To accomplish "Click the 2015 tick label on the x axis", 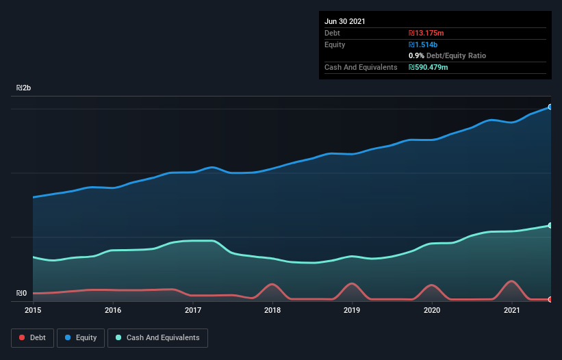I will [x=33, y=311].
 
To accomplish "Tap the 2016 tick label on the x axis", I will [x=113, y=311].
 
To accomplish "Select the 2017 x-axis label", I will [x=193, y=311].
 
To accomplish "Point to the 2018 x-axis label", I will [x=272, y=311].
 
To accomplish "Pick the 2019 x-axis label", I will [x=353, y=311].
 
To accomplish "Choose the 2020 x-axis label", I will [x=433, y=311].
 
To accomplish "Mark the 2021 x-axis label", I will [x=512, y=311].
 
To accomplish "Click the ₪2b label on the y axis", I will [x=24, y=88].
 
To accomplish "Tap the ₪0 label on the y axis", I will [x=21, y=294].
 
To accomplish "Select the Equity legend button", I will [x=81, y=338].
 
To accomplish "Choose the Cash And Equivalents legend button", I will [x=157, y=338].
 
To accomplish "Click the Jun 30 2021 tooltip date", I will [x=345, y=21].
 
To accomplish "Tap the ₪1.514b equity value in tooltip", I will [x=422, y=44].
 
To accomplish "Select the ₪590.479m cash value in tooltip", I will [x=429, y=67].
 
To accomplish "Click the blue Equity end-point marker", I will [x=550, y=107].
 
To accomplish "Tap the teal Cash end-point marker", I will [x=550, y=225].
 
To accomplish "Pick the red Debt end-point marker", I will [x=550, y=299].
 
